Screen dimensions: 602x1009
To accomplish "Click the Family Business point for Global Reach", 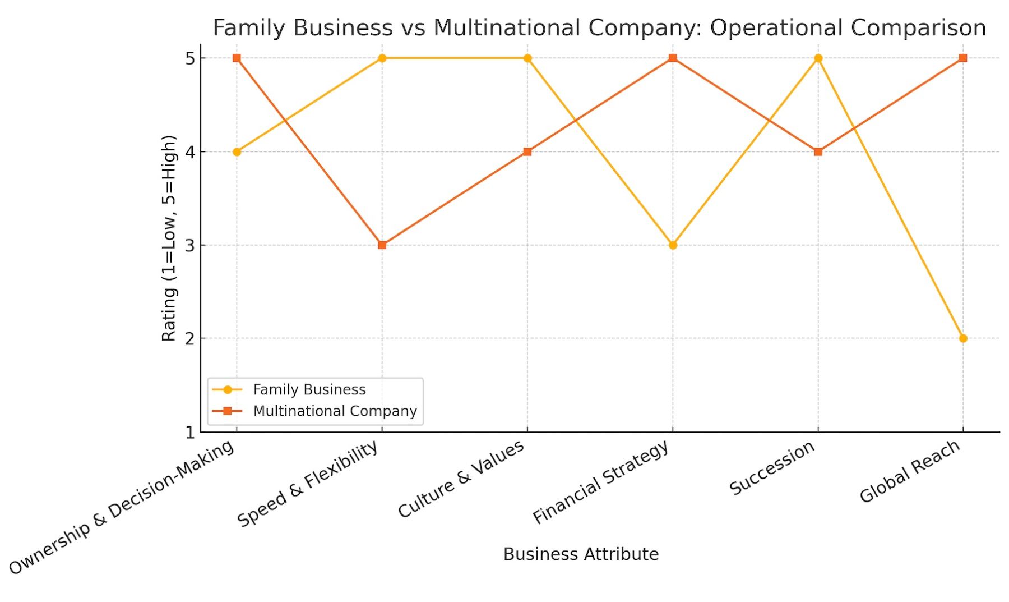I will coord(963,338).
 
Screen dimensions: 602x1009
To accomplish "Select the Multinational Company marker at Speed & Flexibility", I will coord(382,245).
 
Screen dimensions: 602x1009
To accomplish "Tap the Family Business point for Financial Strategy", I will coord(673,245).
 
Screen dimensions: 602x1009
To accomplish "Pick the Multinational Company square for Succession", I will coord(818,151).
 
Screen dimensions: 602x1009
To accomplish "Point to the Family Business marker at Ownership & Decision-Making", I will coord(237,151).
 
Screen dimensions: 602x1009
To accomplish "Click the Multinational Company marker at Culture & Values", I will coord(527,151).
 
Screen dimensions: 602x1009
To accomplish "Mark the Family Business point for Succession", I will coord(818,58).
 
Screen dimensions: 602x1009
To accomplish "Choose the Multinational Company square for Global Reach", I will coord(963,58).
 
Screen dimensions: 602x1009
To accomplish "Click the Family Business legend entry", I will coord(309,389).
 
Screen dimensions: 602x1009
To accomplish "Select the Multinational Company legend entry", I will coord(335,411).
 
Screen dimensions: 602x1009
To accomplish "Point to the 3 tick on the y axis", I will coord(191,245).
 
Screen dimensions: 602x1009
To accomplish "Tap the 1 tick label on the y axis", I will coord(191,432).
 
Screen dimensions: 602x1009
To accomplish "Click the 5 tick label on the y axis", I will coord(191,58).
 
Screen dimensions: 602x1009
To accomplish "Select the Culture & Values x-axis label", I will coord(461,479).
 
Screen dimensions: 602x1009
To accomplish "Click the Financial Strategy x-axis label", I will coord(600,482).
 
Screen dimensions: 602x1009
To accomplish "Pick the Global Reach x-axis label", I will coord(910,471).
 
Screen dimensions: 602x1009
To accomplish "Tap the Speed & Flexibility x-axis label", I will coord(308,484).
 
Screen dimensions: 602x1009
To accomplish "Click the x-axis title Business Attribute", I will coord(581,554).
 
